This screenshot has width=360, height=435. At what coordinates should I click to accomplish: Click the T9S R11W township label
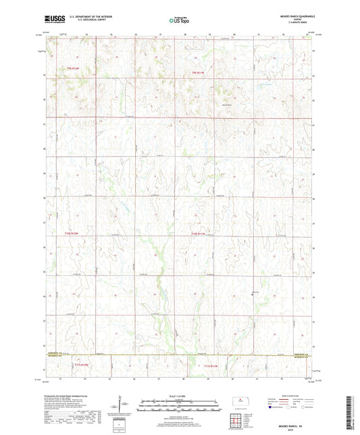pyautogui.click(x=198, y=72)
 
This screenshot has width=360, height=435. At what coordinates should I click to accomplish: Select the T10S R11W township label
pyautogui.click(x=198, y=234)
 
